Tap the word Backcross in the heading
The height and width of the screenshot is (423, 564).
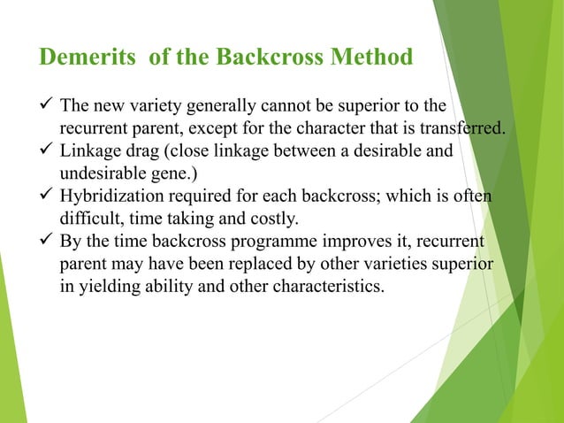[269, 58]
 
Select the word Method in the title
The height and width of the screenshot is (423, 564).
[369, 58]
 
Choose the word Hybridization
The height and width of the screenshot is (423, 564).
[116, 195]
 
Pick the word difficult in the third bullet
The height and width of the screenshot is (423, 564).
[88, 219]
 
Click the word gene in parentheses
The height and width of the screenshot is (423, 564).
[178, 173]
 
